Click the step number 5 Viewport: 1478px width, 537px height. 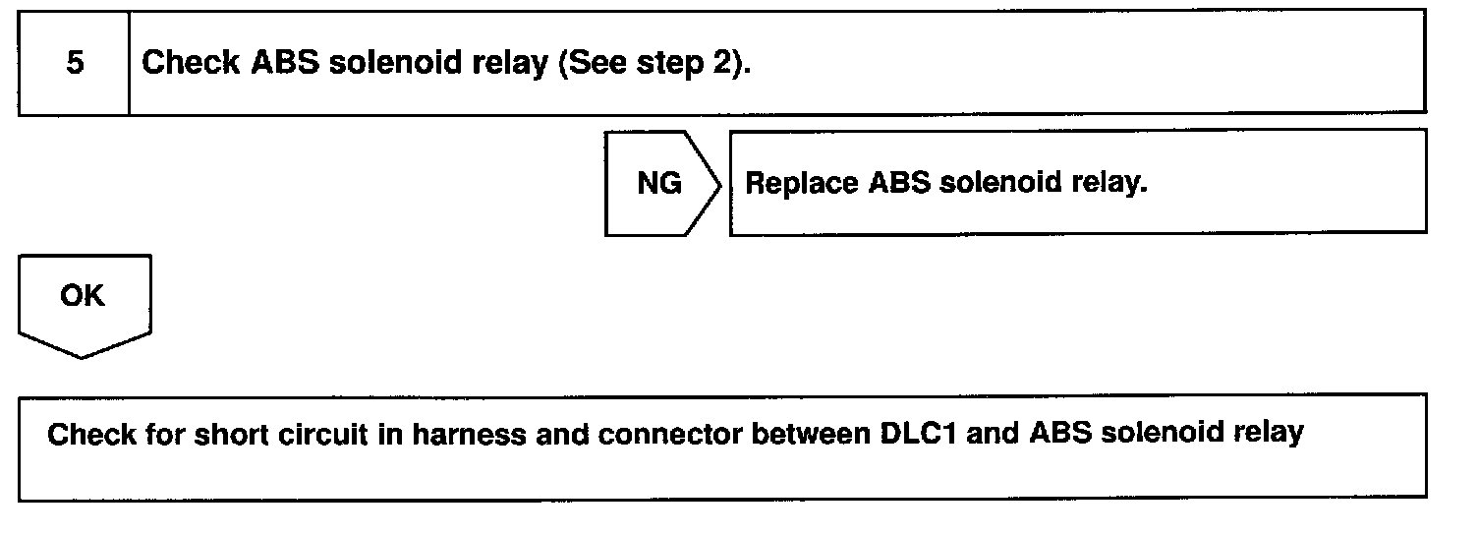click(x=75, y=63)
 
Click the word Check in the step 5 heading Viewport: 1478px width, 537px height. click(x=191, y=63)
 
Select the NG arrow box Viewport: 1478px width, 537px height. click(x=659, y=184)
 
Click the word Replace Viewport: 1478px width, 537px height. click(x=802, y=184)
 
